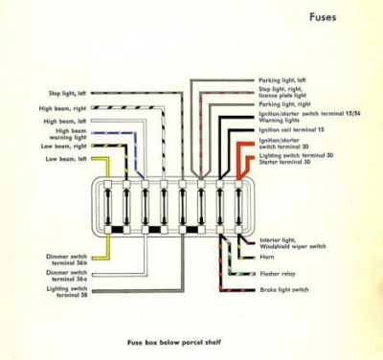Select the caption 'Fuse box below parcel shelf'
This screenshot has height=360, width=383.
pyautogui.click(x=177, y=341)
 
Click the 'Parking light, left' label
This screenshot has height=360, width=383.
pyautogui.click(x=282, y=79)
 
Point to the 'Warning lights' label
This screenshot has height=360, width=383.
pyautogui.click(x=282, y=120)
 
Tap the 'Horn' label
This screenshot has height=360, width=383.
pyautogui.click(x=267, y=258)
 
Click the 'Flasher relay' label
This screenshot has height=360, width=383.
pyautogui.click(x=277, y=272)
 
